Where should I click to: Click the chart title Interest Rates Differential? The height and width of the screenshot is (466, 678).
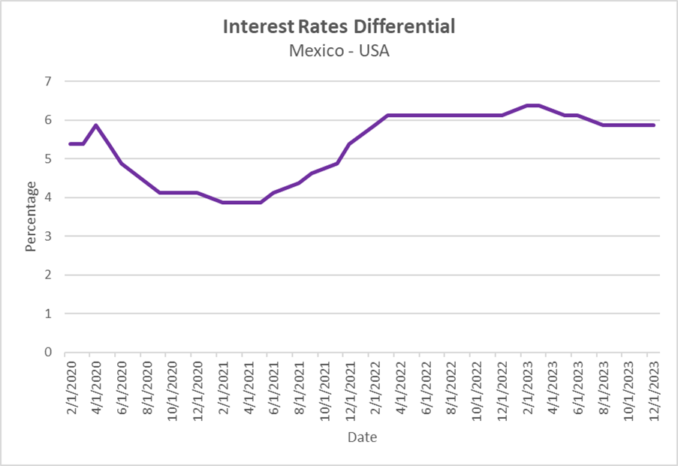[x=339, y=26]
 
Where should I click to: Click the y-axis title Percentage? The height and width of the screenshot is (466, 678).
[x=31, y=216]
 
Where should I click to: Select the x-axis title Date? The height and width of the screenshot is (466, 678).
[x=362, y=437]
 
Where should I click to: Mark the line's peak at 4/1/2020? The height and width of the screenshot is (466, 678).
[x=96, y=125]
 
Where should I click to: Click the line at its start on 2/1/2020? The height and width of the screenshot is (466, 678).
[x=70, y=143]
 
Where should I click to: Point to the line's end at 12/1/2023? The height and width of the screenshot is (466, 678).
[x=654, y=125]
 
